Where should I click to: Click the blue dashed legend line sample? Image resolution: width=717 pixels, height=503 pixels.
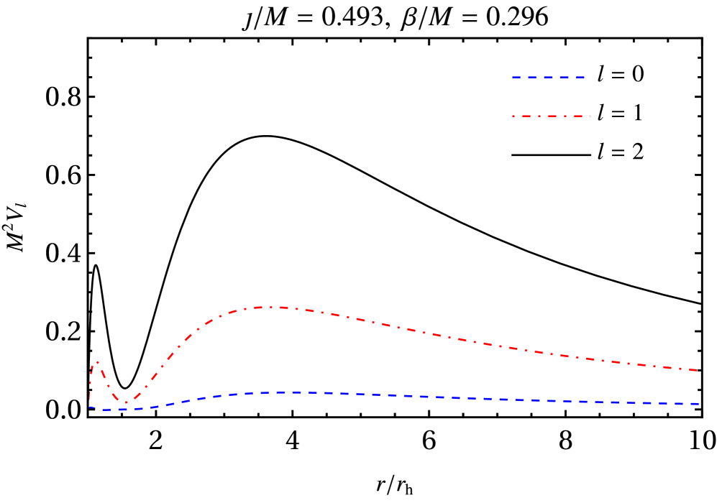click(x=548, y=77)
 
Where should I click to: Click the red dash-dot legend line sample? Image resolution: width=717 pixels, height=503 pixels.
click(x=552, y=116)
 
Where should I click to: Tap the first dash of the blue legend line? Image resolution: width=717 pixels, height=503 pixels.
click(x=516, y=77)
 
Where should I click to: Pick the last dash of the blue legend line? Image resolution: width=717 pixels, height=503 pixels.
click(x=580, y=77)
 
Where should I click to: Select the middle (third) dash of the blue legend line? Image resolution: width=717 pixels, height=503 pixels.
click(x=548, y=77)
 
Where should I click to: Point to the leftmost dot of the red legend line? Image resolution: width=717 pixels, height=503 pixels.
click(x=513, y=116)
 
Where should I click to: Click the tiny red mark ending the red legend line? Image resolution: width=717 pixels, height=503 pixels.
click(x=590, y=116)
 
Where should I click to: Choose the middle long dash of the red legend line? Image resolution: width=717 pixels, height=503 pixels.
click(x=552, y=116)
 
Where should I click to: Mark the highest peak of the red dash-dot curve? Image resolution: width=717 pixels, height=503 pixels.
click(x=270, y=307)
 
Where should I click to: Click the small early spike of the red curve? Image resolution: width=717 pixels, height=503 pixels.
click(x=96, y=362)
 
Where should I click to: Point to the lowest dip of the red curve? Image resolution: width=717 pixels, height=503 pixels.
click(x=127, y=403)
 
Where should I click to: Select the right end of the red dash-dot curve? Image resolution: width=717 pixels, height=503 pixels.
click(x=698, y=371)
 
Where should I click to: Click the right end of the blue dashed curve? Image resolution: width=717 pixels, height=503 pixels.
click(x=698, y=404)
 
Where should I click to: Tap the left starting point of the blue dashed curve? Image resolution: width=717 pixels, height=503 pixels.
click(x=90, y=407)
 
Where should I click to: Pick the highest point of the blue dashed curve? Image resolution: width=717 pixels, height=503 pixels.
click(x=295, y=393)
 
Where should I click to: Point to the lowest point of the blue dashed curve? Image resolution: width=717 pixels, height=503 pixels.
click(x=115, y=410)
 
